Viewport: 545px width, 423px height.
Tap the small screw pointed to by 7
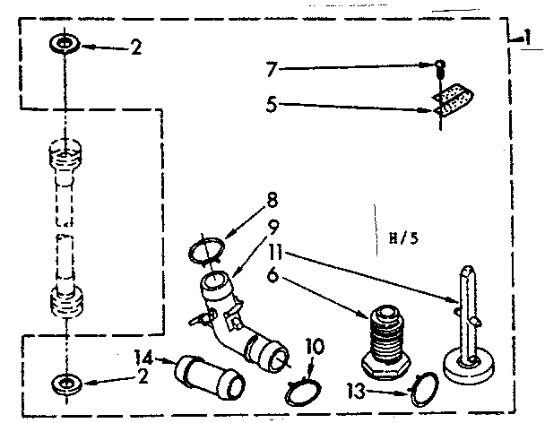[x=442, y=65]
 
